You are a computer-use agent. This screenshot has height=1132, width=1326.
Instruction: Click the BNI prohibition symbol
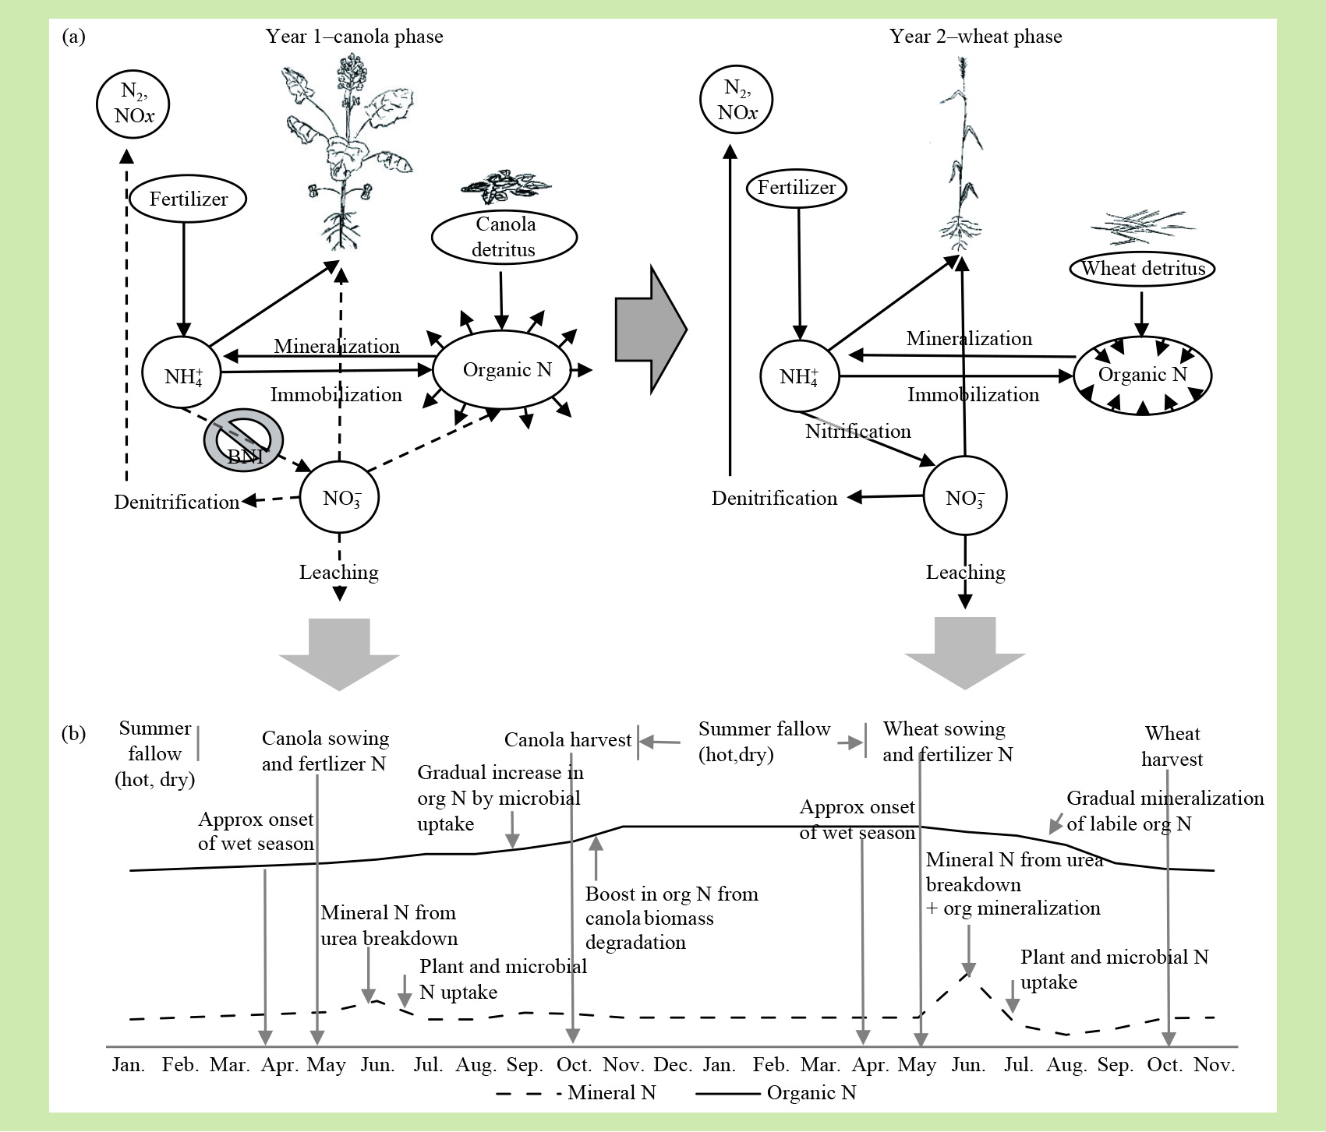point(243,440)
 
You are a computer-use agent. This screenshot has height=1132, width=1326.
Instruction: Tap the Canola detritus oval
point(504,237)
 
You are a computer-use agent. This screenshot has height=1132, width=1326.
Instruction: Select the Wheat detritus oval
point(1142,269)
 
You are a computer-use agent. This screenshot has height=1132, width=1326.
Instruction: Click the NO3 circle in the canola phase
point(340,497)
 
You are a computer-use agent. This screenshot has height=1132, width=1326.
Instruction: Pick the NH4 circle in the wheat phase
point(799,376)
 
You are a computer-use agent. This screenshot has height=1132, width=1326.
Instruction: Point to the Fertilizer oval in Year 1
point(188,199)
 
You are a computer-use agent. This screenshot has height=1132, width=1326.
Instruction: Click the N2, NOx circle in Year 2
point(737,101)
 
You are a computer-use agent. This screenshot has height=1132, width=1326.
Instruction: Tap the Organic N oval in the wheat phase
point(1142,375)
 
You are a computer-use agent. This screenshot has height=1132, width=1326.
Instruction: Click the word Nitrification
point(857,431)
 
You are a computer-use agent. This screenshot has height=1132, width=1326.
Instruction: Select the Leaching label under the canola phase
point(339,572)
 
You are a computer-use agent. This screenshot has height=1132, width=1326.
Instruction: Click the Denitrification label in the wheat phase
point(774,498)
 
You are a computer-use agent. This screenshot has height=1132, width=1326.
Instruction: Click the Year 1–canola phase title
point(354,37)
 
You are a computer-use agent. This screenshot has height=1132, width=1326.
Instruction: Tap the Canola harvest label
point(568,739)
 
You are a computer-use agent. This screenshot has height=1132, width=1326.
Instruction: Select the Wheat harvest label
point(1172,746)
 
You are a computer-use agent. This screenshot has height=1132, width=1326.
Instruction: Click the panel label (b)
point(73,734)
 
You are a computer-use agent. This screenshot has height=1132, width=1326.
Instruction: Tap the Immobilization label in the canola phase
point(336,394)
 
